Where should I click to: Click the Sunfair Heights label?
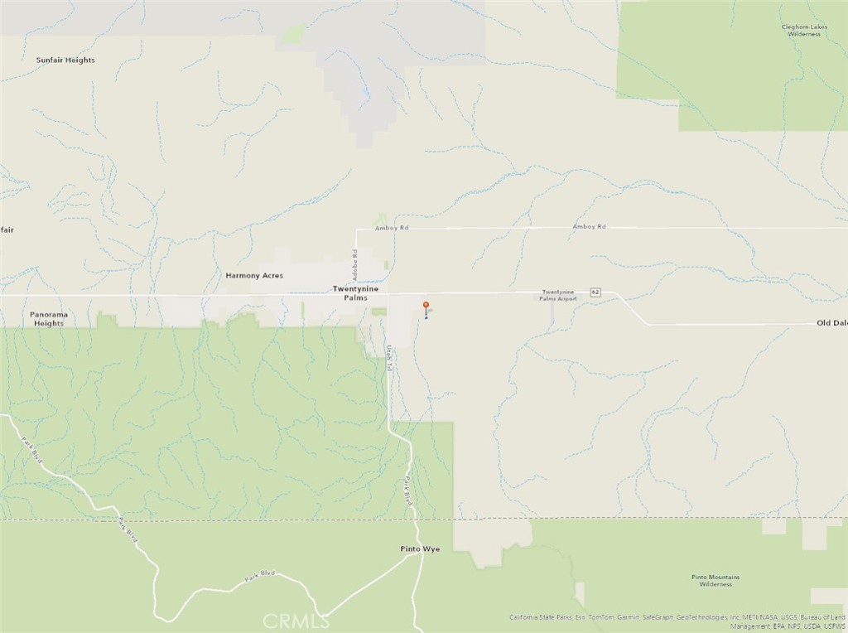coord(65,60)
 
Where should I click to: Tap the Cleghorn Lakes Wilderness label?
coord(804,31)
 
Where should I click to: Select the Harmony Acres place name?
coord(254,275)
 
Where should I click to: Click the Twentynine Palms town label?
coord(355,292)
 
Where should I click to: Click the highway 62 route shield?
coord(595,292)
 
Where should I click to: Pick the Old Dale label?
coord(831,322)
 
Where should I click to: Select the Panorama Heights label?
coord(49,319)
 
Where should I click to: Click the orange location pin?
coord(426,306)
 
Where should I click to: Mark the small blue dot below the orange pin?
coord(426,316)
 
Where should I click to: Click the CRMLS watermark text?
coord(293,619)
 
